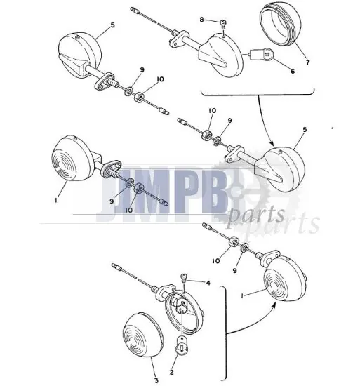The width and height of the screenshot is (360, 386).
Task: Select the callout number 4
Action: tap(208, 284)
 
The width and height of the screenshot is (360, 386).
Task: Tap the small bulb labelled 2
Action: tap(181, 345)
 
